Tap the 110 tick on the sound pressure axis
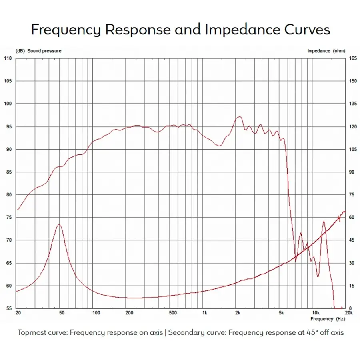coord(8,58)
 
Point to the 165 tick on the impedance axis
coord(352,58)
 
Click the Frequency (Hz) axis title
coord(328,319)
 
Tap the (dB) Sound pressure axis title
coord(38,51)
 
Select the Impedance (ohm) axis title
coord(326,51)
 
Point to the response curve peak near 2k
coord(239,117)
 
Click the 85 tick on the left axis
coord(8,172)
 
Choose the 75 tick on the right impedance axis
coord(352,195)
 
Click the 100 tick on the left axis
coord(8,104)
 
